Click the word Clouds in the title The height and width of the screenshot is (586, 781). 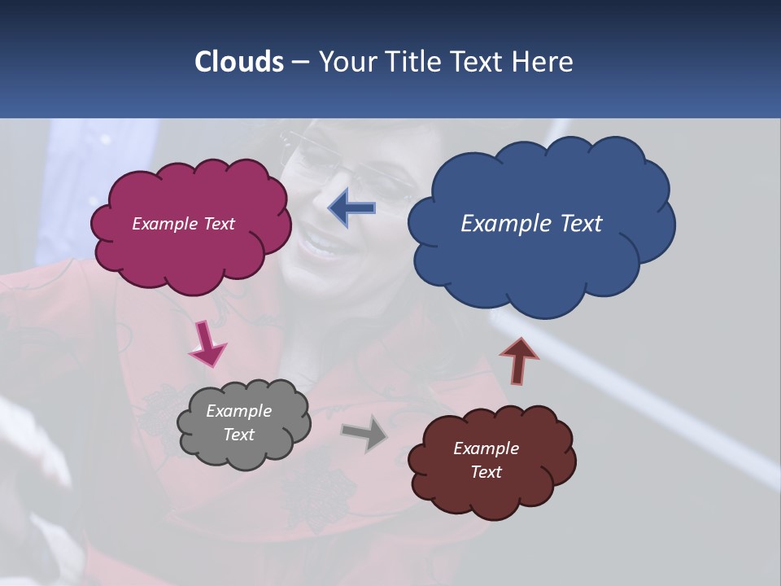click(x=238, y=62)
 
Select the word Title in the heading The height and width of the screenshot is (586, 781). click(x=410, y=62)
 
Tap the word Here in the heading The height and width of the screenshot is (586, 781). click(x=543, y=62)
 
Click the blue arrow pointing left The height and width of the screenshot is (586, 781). click(x=351, y=208)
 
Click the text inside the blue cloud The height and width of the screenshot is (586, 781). click(x=531, y=224)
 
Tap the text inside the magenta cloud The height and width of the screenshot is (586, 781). click(x=183, y=224)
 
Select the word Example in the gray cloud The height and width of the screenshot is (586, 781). click(x=238, y=411)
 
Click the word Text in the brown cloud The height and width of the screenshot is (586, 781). click(x=486, y=472)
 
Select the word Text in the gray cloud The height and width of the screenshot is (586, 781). click(x=238, y=435)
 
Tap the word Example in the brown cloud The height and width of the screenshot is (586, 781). click(x=486, y=448)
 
